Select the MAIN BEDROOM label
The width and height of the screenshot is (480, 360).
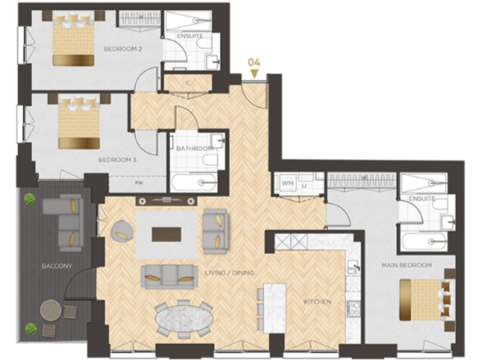point(406,266)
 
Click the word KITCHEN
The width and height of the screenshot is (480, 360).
point(317,302)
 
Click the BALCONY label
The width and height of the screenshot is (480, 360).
point(57,266)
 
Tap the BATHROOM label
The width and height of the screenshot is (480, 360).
point(194,148)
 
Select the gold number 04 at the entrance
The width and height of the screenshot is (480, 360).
point(254,62)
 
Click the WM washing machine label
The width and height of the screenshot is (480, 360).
point(288,183)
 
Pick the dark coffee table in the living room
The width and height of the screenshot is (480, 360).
point(166,234)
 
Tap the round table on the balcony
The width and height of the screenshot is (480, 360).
point(51,309)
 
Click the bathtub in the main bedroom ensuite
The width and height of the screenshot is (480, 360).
point(424,241)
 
